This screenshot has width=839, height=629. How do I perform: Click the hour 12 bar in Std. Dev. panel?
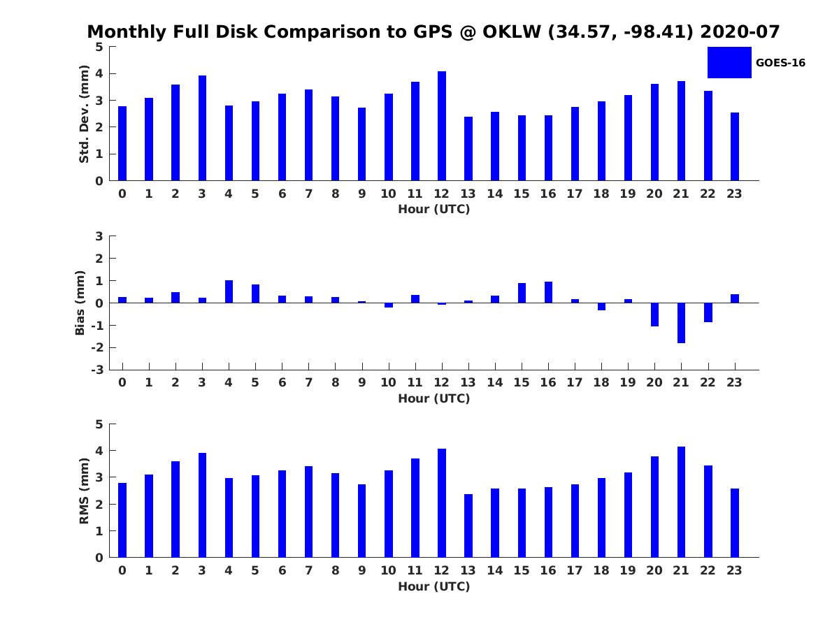tap(442, 126)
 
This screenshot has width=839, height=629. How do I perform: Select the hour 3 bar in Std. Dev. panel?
tap(202, 128)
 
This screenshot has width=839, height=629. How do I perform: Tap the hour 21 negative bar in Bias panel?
tap(681, 323)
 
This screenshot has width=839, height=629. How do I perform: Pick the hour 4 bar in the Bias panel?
tap(229, 292)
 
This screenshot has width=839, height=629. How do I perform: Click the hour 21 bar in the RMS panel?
tap(681, 502)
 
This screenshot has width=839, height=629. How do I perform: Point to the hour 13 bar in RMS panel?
tap(468, 526)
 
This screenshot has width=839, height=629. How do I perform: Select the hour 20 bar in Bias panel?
tap(654, 314)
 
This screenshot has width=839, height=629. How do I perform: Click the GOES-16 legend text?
tap(780, 63)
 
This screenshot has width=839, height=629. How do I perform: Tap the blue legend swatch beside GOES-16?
tap(729, 62)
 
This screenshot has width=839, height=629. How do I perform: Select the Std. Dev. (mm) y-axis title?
tap(84, 114)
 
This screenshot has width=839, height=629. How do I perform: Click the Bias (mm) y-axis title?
tap(80, 303)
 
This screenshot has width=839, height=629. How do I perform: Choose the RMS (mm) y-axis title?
tap(84, 491)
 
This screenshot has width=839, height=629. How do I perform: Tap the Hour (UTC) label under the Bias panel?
tap(433, 398)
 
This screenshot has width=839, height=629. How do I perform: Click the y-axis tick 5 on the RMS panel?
tap(99, 424)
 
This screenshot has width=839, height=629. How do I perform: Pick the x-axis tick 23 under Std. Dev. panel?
tap(734, 194)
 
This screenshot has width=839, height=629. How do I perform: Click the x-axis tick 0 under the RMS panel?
tap(122, 570)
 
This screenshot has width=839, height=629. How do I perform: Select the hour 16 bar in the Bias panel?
tap(548, 292)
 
